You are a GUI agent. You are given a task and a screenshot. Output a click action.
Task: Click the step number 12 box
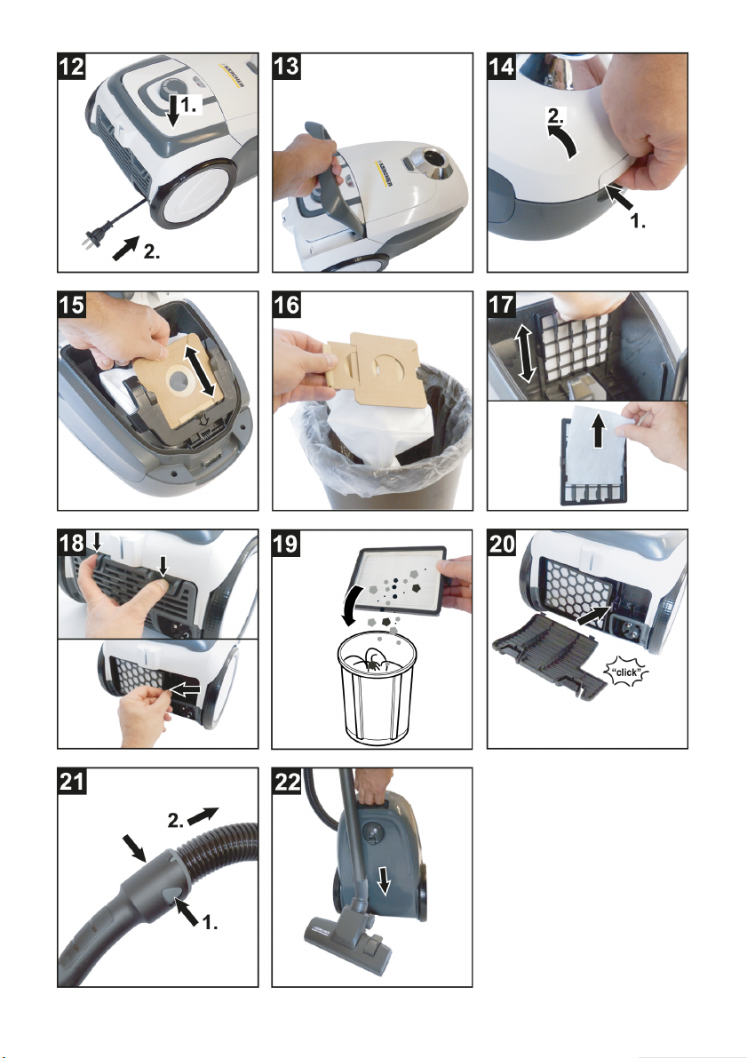click(x=72, y=67)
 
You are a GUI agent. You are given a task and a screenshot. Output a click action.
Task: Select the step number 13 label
click(x=286, y=67)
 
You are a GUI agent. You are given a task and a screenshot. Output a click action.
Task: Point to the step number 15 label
click(x=72, y=305)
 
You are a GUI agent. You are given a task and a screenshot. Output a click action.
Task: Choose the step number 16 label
click(x=286, y=305)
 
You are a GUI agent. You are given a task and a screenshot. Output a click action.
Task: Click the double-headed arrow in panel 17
click(x=525, y=352)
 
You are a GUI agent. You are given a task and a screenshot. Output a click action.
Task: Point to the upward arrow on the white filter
click(x=598, y=431)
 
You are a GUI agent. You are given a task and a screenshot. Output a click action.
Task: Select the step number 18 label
click(x=72, y=543)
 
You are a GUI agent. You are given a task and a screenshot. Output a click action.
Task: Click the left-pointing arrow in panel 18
click(x=184, y=689)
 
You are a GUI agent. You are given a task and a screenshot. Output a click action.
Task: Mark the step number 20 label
click(x=501, y=543)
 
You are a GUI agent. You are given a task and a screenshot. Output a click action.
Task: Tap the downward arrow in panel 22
click(x=384, y=879)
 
